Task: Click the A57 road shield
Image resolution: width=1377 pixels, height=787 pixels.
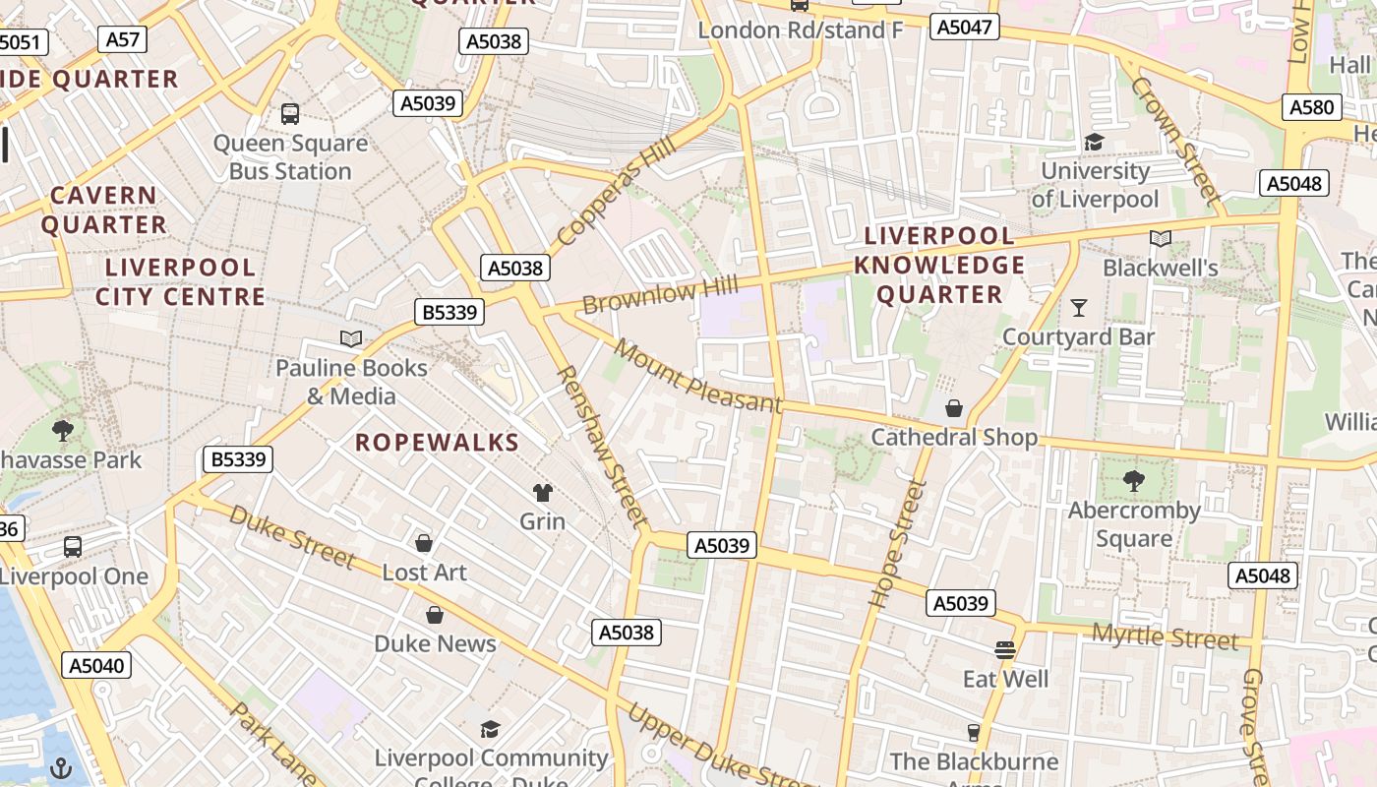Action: point(123,39)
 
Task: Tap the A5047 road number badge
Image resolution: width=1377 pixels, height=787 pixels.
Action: point(964,27)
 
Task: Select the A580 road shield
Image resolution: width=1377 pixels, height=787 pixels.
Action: point(1311,107)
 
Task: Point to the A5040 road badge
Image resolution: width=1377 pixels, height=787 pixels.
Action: point(96,666)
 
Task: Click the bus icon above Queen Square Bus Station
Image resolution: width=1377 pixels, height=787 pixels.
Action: point(290,113)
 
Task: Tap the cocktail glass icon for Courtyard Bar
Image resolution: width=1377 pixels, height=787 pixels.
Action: point(1079,308)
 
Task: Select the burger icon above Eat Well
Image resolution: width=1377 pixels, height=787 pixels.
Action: point(1004,650)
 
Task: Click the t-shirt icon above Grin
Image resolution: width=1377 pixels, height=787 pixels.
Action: point(542,492)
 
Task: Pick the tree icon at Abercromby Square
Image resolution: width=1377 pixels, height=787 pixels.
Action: point(1134,481)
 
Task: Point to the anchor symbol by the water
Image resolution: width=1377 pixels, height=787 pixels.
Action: point(61,767)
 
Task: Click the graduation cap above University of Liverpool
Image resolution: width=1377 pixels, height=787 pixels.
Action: point(1094,143)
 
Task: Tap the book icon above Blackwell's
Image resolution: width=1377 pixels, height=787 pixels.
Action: point(1161,239)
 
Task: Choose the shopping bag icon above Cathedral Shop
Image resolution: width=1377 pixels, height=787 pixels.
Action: point(953,408)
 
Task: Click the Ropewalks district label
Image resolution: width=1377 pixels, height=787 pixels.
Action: point(437,443)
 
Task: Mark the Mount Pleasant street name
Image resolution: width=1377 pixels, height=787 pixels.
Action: point(697,376)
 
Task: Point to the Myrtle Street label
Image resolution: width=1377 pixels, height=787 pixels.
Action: point(1166,636)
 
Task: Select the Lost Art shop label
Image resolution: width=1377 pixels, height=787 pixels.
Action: point(424,573)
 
